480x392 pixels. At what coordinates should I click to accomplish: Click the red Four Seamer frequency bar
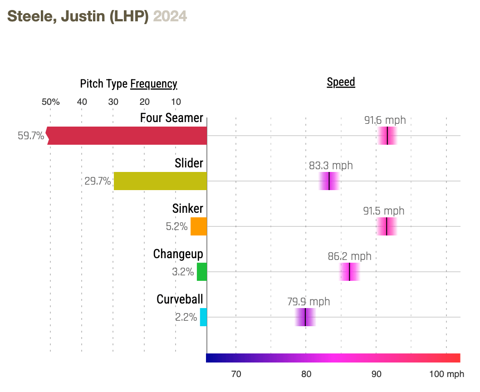127,136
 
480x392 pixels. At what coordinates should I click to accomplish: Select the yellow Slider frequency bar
160,181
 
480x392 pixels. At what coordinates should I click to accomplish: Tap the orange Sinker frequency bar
199,226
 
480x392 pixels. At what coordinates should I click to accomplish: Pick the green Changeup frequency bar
202,272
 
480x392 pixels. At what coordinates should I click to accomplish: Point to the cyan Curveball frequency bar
203,317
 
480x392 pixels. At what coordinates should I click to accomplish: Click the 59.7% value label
31,136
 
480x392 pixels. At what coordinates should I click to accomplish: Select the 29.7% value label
98,181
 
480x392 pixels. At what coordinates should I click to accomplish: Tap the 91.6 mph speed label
385,120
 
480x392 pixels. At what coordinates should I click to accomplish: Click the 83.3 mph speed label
331,166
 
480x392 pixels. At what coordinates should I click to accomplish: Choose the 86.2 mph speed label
349,256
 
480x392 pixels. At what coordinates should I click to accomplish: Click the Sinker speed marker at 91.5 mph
387,226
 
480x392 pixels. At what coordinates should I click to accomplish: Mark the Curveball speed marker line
305,317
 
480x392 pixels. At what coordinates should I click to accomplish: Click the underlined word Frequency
153,84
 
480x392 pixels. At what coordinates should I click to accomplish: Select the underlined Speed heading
341,82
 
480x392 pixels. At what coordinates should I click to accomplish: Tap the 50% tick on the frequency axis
51,102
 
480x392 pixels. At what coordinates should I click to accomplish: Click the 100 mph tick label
447,374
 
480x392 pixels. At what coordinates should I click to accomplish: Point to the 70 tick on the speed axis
236,374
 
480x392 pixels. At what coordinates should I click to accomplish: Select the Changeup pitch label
178,254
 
